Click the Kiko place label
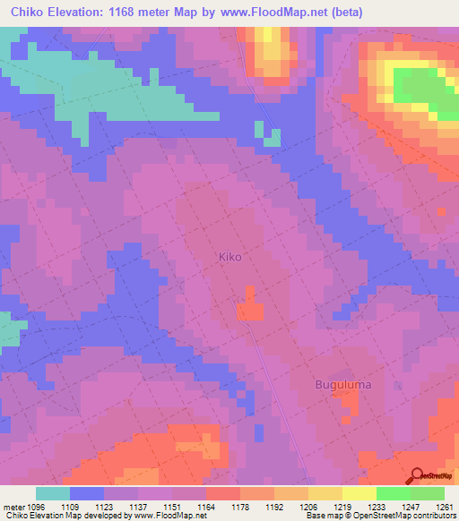coord(230,256)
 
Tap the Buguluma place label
coord(342,385)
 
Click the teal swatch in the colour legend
coord(52,493)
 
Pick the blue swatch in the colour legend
coord(86,493)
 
